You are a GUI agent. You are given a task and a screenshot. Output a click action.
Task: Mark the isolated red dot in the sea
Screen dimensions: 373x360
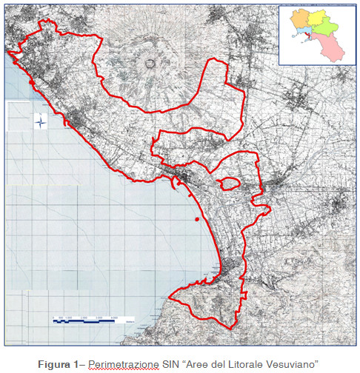coord(196,220)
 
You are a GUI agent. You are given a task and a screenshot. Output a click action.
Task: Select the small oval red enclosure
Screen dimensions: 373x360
coord(229,183)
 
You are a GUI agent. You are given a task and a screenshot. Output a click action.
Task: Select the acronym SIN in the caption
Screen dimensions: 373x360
coord(170,363)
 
